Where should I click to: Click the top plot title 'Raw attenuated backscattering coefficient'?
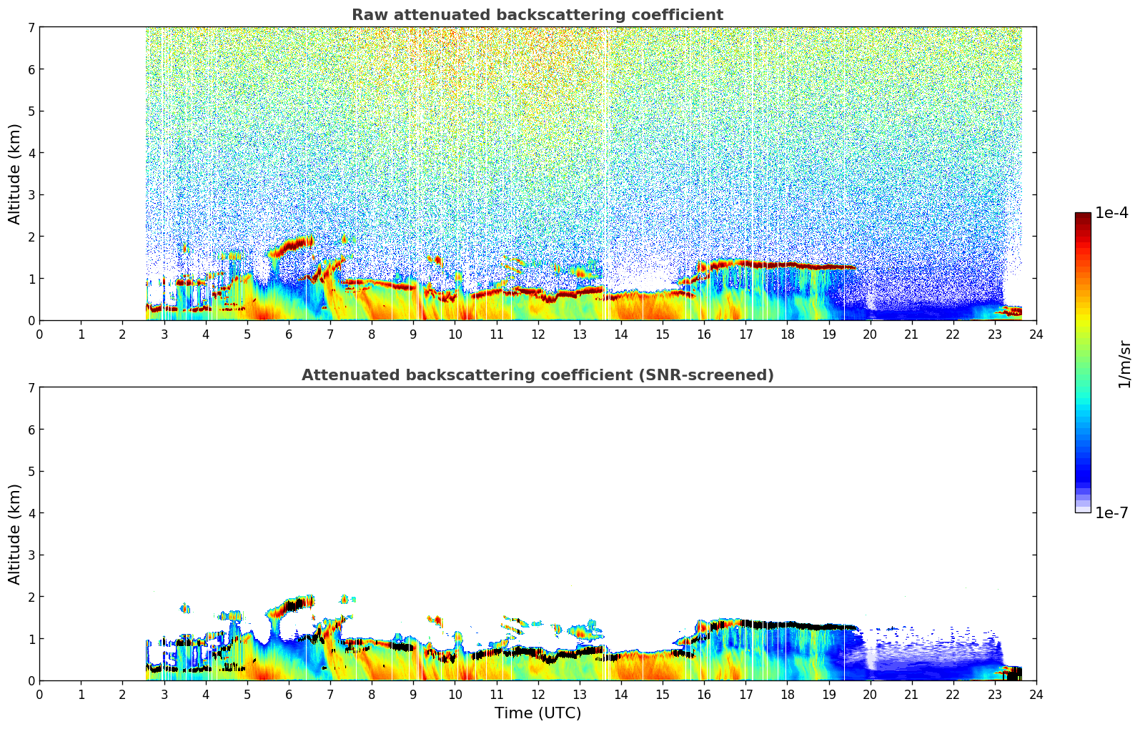coord(537,15)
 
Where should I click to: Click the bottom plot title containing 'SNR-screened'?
coord(537,375)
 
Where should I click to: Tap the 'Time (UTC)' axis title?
coord(537,713)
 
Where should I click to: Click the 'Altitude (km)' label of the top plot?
coord(15,174)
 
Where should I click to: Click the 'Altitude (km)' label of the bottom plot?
coord(15,534)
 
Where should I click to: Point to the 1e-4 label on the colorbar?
coord(1111,213)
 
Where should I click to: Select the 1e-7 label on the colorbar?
coord(1111,513)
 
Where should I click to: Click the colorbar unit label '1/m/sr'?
coord(1124,363)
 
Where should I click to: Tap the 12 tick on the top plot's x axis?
coord(537,334)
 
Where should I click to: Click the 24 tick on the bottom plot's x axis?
coord(1036,694)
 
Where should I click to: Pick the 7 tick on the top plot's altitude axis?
coord(31,27)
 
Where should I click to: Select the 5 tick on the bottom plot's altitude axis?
coord(31,471)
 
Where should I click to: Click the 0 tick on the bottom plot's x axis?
coord(39,694)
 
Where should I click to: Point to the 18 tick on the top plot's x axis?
coord(787,334)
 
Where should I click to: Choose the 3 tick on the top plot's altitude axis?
coord(31,194)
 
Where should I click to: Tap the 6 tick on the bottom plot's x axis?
coord(289,694)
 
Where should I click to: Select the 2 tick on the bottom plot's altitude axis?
coord(31,597)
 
